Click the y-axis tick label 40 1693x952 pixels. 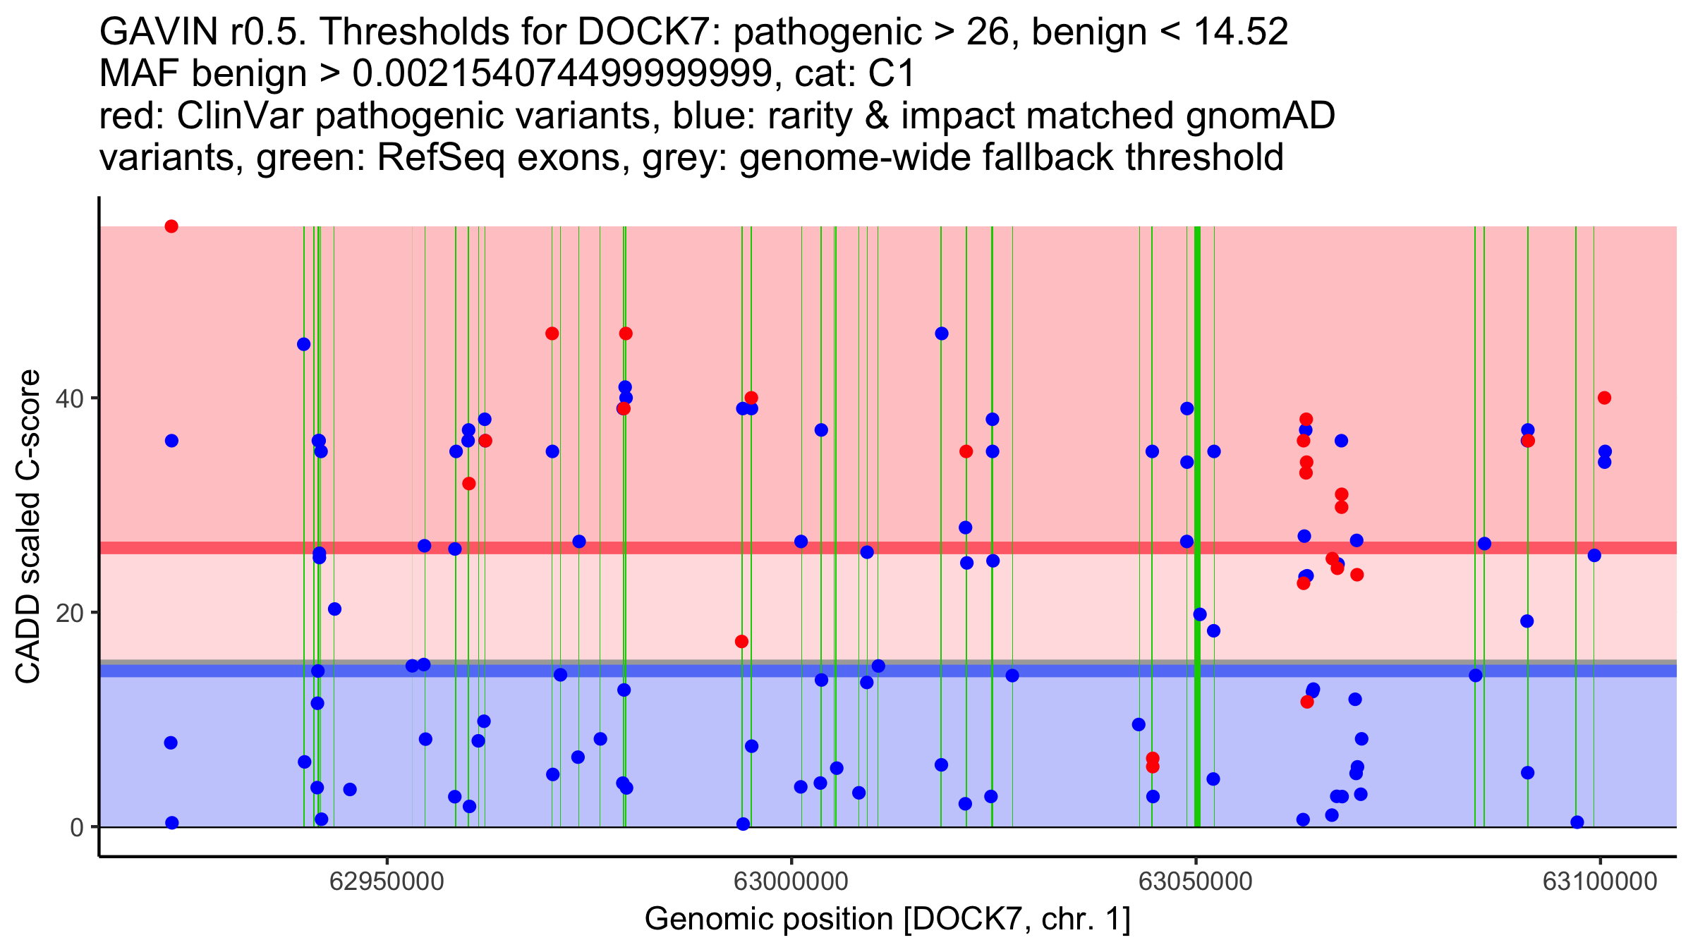(x=70, y=398)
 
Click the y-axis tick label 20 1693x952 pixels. (x=70, y=613)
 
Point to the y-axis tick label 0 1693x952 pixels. (x=77, y=827)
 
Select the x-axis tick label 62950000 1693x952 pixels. (x=387, y=881)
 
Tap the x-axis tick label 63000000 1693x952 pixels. (x=791, y=881)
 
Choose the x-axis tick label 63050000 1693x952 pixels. (x=1196, y=881)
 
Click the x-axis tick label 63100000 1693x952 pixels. (x=1600, y=881)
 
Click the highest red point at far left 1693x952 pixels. (x=171, y=226)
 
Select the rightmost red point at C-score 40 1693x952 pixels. (x=1604, y=398)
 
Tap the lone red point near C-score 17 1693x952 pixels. (x=741, y=642)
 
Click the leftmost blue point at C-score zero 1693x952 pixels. (x=171, y=823)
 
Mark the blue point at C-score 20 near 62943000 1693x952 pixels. (x=334, y=609)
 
